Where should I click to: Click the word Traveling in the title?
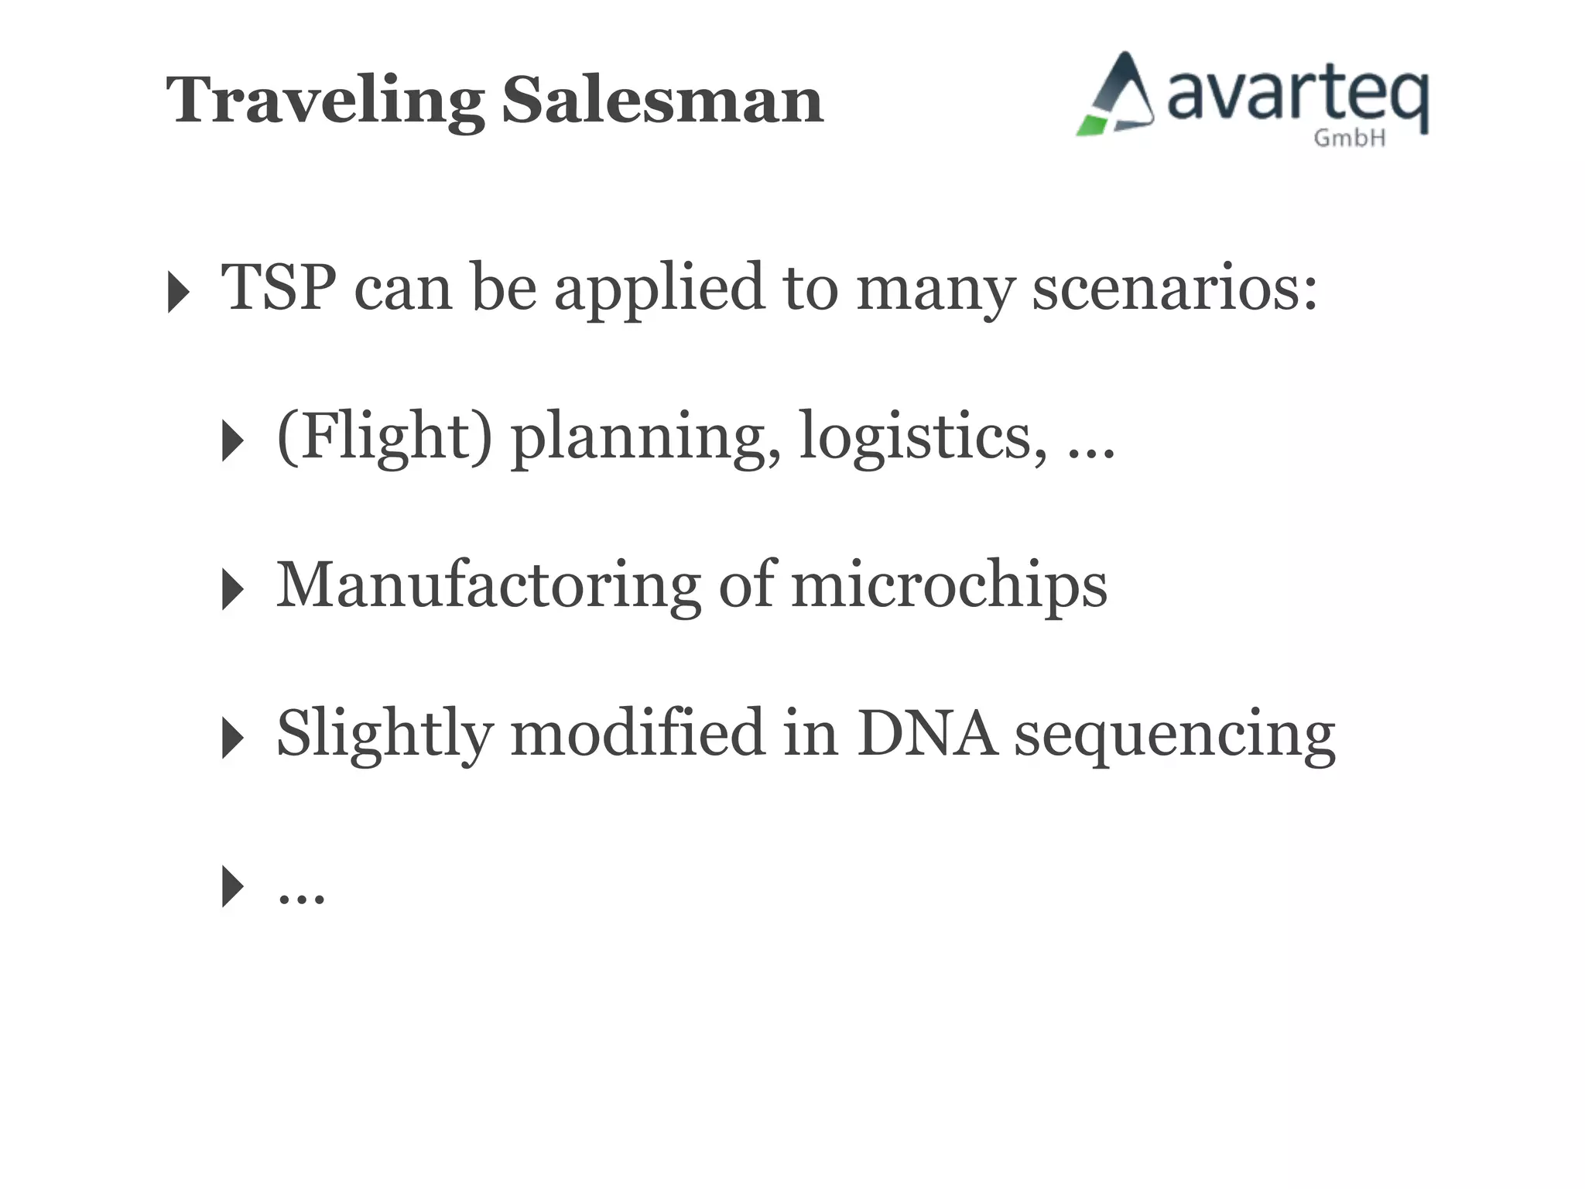pos(325,101)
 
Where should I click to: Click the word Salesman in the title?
pos(662,101)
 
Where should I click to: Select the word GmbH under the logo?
pos(1349,138)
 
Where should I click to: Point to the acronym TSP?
pos(279,288)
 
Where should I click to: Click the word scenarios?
pos(1174,288)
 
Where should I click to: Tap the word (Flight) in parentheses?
pos(384,437)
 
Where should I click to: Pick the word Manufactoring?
pos(488,585)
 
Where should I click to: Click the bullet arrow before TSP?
pos(178,293)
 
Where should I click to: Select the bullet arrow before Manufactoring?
pos(232,589)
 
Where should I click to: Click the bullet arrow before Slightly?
pos(232,738)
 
